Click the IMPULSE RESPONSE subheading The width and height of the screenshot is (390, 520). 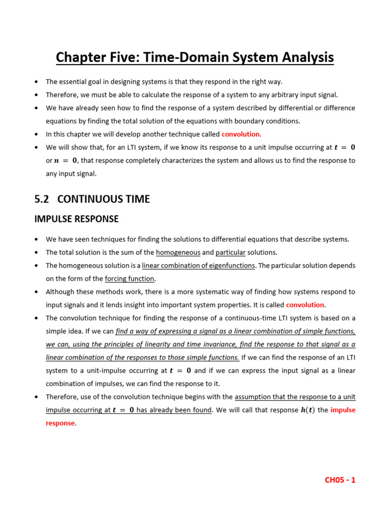tap(76, 219)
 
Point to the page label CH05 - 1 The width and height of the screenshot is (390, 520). tap(340, 480)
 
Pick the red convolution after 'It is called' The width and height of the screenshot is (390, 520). tap(305, 305)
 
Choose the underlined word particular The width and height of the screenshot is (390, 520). tap(231, 252)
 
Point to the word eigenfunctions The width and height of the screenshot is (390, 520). tap(229, 266)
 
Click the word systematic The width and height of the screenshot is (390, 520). tap(226, 291)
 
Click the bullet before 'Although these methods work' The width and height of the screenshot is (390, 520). tap(37, 292)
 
